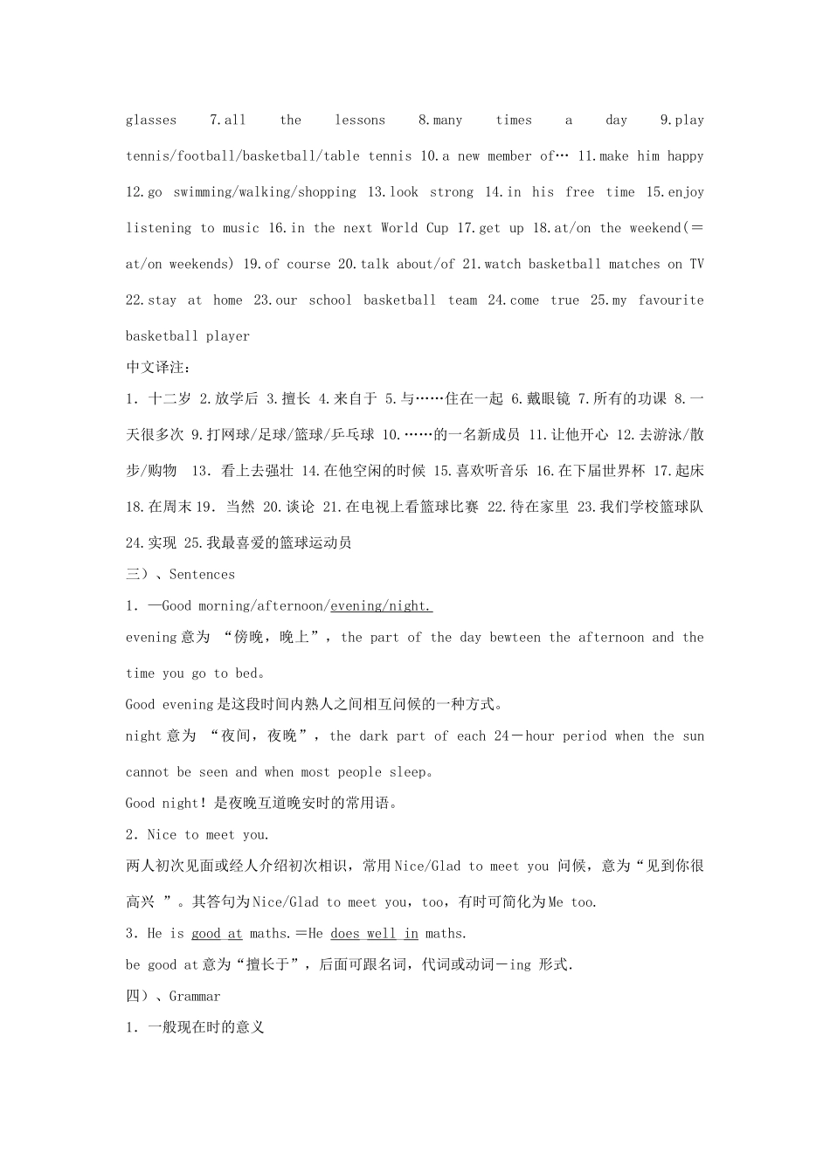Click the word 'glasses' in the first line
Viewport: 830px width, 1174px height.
(x=151, y=121)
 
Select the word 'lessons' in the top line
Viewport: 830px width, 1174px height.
(x=360, y=121)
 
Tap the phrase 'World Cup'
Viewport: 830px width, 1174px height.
(x=414, y=228)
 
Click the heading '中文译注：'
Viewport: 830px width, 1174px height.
(x=157, y=367)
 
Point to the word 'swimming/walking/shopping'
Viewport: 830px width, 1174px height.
(x=265, y=192)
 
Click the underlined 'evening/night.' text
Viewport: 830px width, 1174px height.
(x=381, y=606)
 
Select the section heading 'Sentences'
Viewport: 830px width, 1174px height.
(x=202, y=575)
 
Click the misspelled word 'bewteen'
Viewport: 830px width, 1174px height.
(x=515, y=638)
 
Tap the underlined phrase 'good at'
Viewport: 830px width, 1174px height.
(x=217, y=934)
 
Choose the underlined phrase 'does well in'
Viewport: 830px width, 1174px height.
(x=374, y=934)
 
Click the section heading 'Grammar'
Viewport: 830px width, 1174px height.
(x=195, y=997)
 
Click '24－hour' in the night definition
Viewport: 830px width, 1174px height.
(x=523, y=736)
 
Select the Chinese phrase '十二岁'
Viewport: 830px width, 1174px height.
(x=169, y=399)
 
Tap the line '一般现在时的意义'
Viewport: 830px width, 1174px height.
(x=205, y=1028)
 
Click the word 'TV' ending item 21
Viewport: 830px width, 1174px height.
(x=696, y=264)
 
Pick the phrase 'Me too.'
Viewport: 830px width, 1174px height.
(x=572, y=902)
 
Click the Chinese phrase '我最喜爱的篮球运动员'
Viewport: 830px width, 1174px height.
(x=279, y=543)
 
